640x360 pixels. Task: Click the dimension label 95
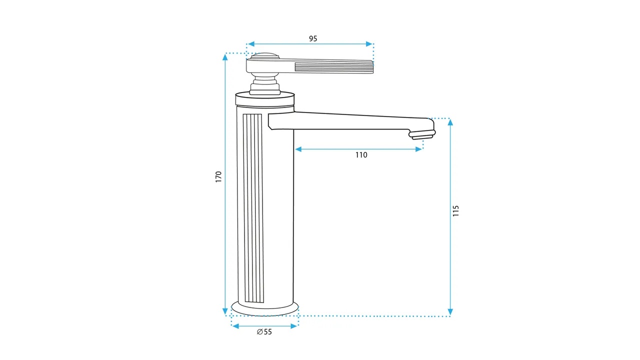coord(313,38)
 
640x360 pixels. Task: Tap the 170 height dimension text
coord(218,177)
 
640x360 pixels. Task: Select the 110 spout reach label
coord(361,155)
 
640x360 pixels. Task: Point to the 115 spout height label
coord(455,211)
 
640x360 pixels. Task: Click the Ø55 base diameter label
coord(264,331)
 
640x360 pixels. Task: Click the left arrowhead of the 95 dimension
coord(251,44)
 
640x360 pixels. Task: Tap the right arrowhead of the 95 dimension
coord(369,44)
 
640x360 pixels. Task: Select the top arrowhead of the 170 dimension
coord(225,57)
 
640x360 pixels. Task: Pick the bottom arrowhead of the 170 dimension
coord(225,311)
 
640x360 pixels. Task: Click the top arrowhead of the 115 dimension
coord(450,122)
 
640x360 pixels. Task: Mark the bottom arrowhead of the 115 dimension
coord(450,311)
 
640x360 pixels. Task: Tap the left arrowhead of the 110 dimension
coord(298,149)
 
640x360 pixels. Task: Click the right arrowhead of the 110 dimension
coord(418,149)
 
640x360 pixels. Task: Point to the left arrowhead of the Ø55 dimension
coord(235,326)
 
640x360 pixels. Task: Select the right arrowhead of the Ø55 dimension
coord(293,326)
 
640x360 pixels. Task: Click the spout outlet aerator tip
coord(422,135)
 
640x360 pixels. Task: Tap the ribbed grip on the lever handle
coord(334,67)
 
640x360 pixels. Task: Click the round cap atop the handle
coord(265,55)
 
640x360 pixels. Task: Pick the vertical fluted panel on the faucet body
coord(253,208)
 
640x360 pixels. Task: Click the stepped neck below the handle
coord(265,84)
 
